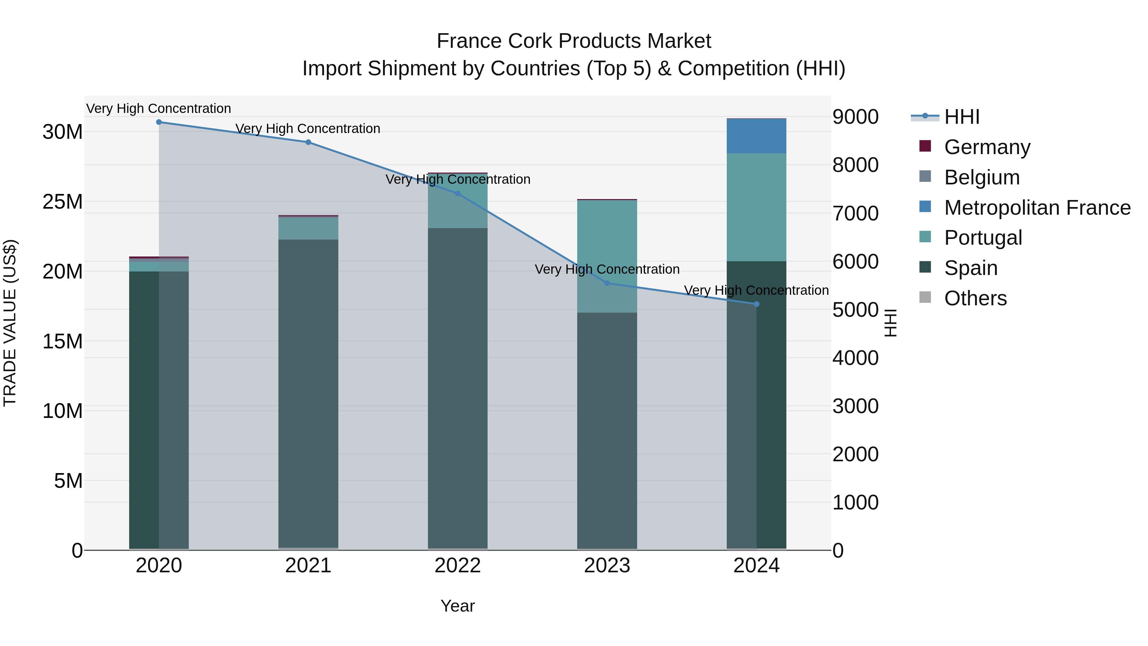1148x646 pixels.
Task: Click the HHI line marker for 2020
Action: coord(159,122)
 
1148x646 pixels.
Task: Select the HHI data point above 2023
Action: coord(607,283)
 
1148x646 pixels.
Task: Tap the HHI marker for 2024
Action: coord(756,304)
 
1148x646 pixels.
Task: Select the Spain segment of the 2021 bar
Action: coord(308,392)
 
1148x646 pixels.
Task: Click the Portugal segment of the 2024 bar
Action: coord(756,207)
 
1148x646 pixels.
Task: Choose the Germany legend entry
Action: coord(987,147)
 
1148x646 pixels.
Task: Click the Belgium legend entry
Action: coord(982,177)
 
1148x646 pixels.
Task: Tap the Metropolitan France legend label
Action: coord(1037,208)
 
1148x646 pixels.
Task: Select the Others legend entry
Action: coord(975,298)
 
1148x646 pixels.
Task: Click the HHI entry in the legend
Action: coord(962,117)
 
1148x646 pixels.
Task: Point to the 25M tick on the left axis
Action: coord(63,202)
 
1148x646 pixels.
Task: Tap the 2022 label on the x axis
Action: coord(457,566)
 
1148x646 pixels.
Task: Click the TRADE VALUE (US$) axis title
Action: coord(10,323)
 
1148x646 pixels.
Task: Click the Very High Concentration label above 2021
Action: coord(308,129)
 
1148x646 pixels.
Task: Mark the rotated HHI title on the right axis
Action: coord(890,323)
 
